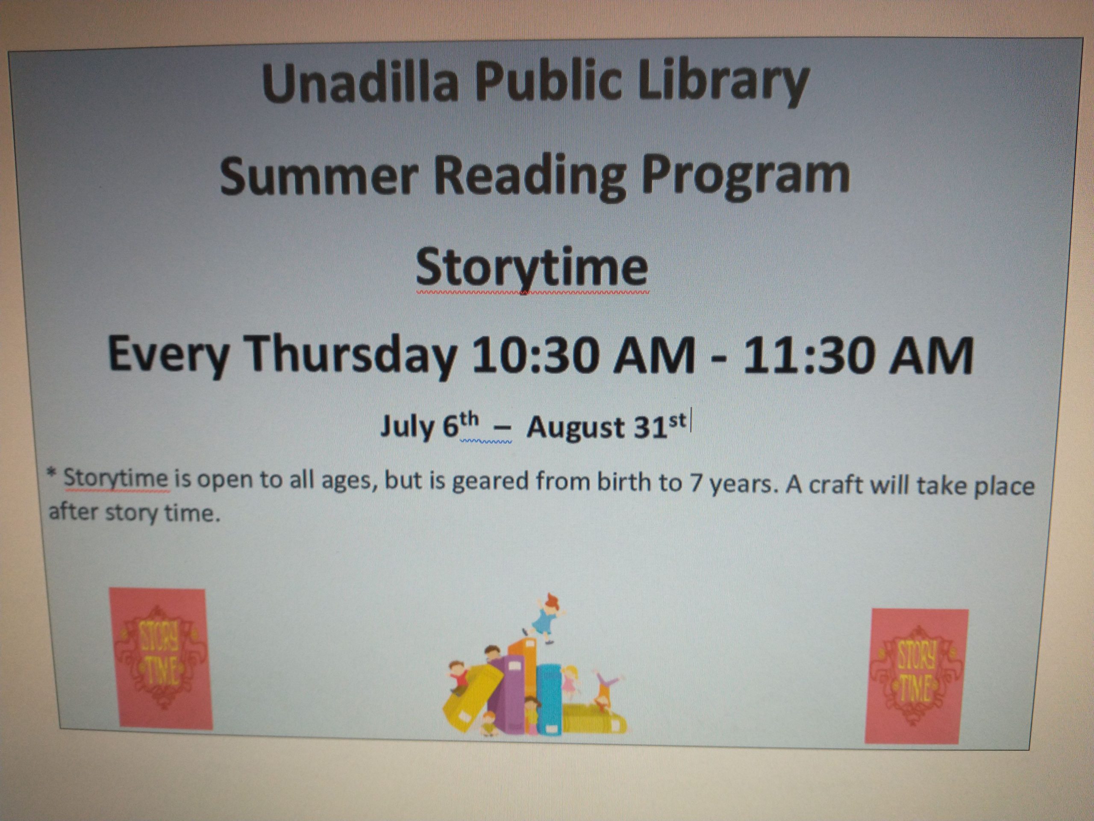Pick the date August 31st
tap(606, 426)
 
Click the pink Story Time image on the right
tap(916, 676)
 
